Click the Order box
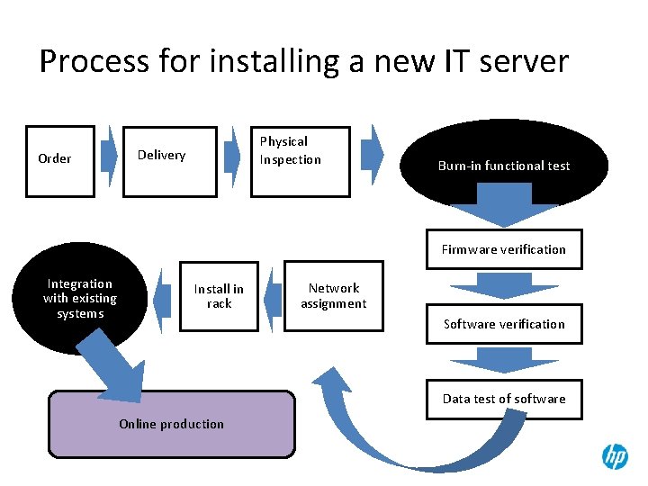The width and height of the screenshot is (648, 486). [x=60, y=159]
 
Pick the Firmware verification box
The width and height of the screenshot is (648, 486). [x=504, y=249]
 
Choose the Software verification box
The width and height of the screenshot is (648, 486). [x=504, y=324]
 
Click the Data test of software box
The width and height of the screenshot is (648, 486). [x=504, y=399]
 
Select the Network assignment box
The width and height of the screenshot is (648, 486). [x=333, y=296]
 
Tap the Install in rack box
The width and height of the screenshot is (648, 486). [x=219, y=296]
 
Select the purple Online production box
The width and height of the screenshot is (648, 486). [x=171, y=424]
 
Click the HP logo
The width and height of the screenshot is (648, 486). [x=615, y=456]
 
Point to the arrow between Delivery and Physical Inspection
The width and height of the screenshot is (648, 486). [x=232, y=154]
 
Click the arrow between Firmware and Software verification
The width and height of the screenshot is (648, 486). [x=504, y=286]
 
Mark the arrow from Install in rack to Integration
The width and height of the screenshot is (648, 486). [x=164, y=297]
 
